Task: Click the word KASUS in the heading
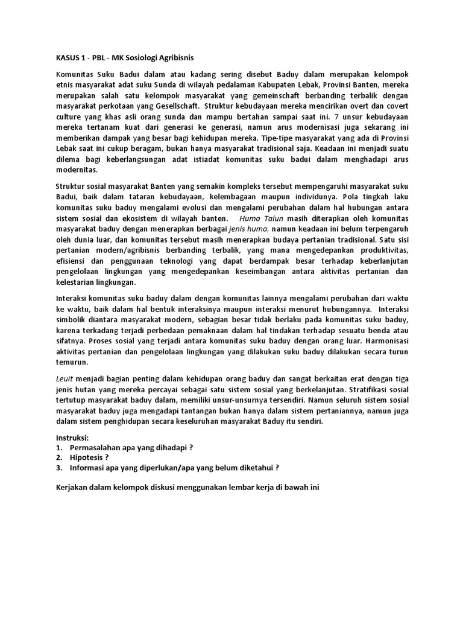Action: click(68, 59)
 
